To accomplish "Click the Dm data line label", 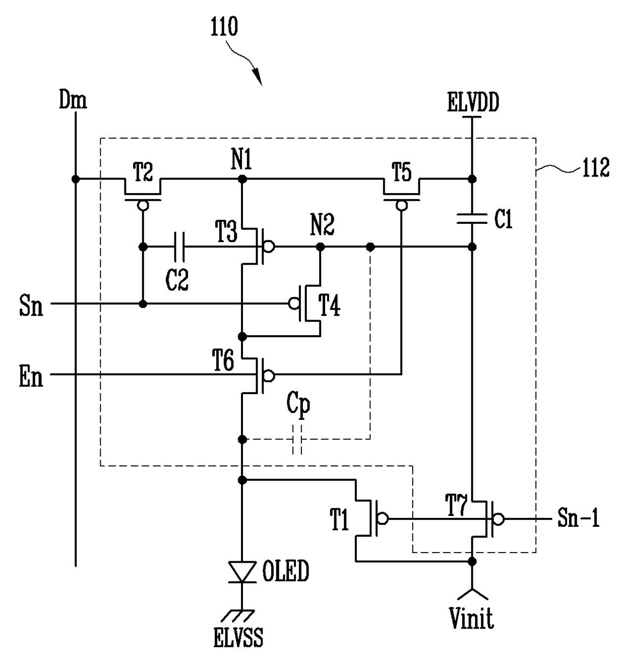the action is (x=73, y=99).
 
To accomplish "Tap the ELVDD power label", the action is (x=473, y=102).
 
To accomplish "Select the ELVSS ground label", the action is (x=238, y=637).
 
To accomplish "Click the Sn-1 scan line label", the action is (x=578, y=518).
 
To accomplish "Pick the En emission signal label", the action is (x=31, y=377).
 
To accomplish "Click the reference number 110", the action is (x=224, y=27).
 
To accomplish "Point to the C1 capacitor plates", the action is (x=472, y=218).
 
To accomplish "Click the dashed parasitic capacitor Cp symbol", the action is (x=297, y=440).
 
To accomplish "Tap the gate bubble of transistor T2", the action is (x=143, y=205).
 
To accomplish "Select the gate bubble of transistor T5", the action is (x=401, y=205).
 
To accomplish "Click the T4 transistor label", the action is (x=330, y=306).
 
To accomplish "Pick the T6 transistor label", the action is (x=223, y=360).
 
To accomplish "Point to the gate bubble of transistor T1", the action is (x=383, y=518).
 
